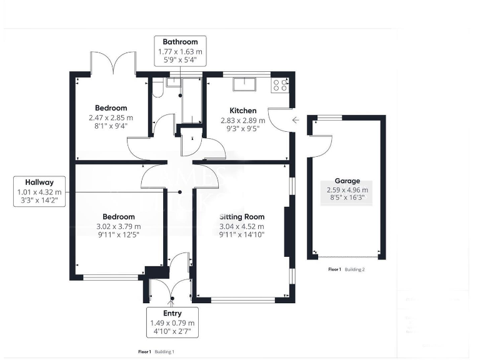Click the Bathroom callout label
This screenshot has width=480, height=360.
click(x=181, y=51)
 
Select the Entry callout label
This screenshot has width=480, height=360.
click(x=173, y=322)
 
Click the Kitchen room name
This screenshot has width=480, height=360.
click(x=242, y=111)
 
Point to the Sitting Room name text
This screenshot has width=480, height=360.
click(x=241, y=216)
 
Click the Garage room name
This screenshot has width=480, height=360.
click(x=347, y=181)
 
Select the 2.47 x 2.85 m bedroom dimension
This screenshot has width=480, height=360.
click(x=111, y=117)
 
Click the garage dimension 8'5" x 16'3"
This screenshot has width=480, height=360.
click(x=347, y=199)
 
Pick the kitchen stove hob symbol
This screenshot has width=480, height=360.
click(x=280, y=85)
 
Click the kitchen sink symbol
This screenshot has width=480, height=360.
click(x=242, y=84)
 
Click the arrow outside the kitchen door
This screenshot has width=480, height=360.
click(x=295, y=119)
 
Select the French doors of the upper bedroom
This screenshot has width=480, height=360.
click(x=114, y=63)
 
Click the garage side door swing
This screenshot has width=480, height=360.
click(x=319, y=146)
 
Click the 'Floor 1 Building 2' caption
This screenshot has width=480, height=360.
click(x=346, y=269)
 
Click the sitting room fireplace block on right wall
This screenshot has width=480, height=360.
click(x=287, y=231)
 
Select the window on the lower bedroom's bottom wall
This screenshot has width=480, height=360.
click(x=111, y=277)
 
